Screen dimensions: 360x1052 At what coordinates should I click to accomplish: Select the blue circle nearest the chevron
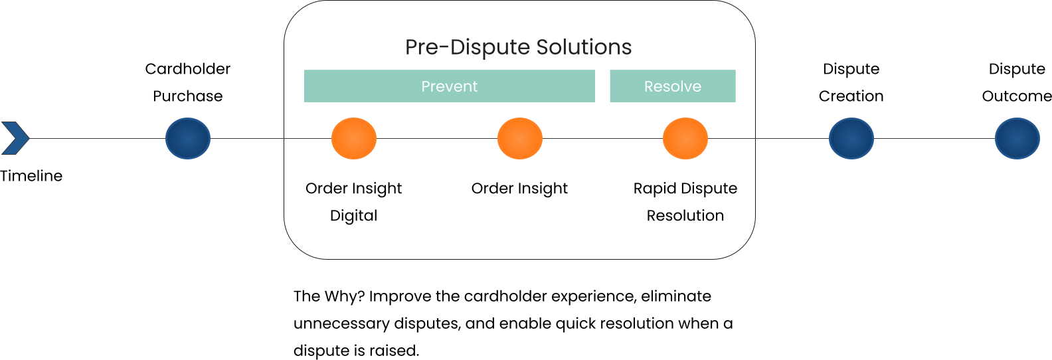point(188,138)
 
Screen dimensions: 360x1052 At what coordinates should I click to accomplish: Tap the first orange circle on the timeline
point(354,138)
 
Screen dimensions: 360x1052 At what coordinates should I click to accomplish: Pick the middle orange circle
point(520,138)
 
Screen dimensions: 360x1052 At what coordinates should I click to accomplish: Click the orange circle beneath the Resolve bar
point(685,138)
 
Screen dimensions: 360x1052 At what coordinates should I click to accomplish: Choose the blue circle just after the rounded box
point(851,138)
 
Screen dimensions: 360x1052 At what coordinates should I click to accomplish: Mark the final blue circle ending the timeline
point(1017,138)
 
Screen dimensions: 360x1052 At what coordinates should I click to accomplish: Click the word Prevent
point(449,86)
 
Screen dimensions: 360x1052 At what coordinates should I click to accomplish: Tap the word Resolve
point(672,86)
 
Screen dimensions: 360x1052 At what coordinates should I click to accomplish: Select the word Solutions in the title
point(584,47)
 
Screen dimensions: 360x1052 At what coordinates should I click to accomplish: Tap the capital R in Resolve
point(648,86)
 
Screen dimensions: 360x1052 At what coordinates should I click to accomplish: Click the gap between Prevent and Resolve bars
point(602,86)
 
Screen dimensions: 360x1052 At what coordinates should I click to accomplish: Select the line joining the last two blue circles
point(934,138)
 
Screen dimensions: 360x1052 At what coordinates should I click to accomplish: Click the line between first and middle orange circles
point(437,138)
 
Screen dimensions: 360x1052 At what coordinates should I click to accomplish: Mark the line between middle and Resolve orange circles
point(602,138)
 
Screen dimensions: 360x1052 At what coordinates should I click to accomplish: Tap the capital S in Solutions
point(543,47)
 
